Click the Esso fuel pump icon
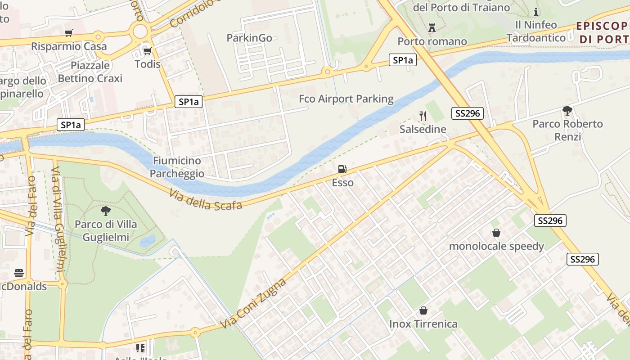(342, 169)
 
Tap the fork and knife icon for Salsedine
(423, 116)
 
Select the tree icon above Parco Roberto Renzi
(567, 110)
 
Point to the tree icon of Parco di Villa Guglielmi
(106, 211)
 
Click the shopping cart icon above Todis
(147, 51)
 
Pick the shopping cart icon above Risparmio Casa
(68, 33)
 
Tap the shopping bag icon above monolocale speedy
(496, 233)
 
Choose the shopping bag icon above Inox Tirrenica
(423, 310)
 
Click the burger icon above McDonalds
(18, 273)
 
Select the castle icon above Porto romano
(432, 28)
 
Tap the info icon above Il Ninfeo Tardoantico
(536, 12)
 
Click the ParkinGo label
(249, 38)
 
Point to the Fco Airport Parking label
(346, 99)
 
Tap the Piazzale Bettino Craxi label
(90, 72)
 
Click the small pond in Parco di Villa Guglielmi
(148, 242)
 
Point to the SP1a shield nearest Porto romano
(402, 60)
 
